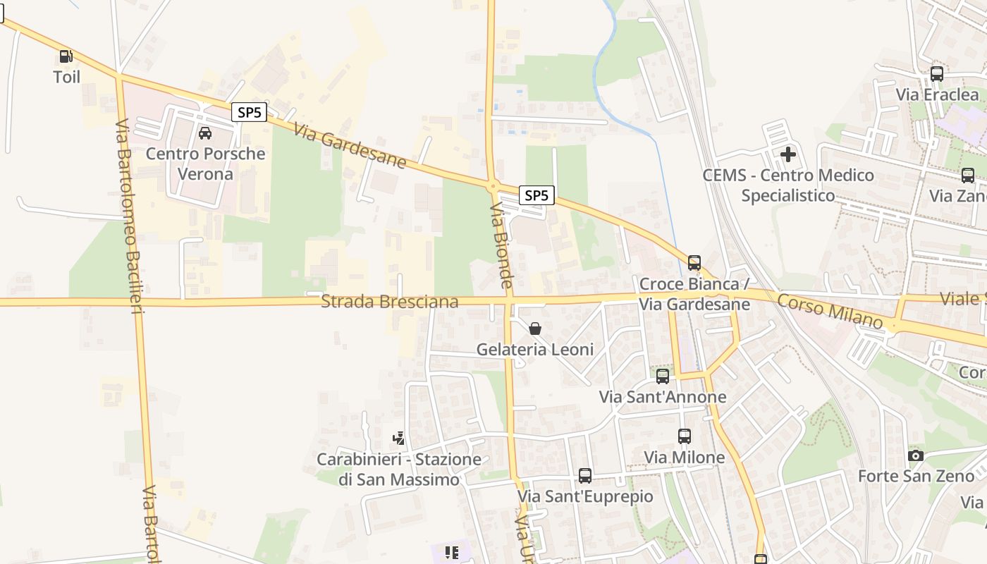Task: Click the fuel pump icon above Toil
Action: pos(66,56)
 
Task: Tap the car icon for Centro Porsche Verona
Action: pos(205,133)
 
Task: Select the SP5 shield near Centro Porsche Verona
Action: pos(249,112)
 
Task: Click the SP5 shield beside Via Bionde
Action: pos(537,195)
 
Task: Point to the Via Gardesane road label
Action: pos(350,147)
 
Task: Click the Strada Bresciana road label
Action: pos(389,302)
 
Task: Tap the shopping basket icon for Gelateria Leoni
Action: pos(535,329)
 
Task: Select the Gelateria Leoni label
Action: pos(535,349)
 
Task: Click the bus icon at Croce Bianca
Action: pos(694,263)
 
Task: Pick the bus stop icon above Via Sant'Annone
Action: pos(663,376)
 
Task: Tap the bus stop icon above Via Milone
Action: pos(684,436)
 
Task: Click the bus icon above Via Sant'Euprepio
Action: pos(585,476)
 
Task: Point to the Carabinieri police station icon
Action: pos(399,439)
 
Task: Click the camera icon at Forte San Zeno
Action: pos(916,455)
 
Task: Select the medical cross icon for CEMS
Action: pos(788,154)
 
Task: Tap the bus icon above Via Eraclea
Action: pos(937,73)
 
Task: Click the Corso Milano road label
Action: pos(830,312)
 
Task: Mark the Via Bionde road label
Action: pos(501,245)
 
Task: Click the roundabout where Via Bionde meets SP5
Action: pos(492,186)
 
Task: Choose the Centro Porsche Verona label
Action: pos(205,164)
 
